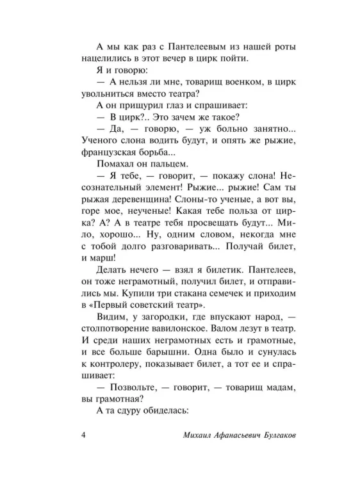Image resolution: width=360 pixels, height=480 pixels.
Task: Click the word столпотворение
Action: pos(117,344)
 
